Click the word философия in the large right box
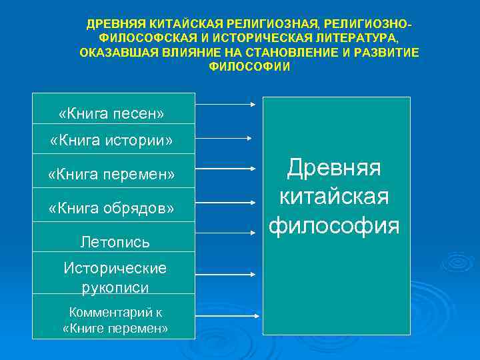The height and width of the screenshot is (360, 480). (x=334, y=225)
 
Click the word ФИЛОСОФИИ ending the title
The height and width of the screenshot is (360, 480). (x=250, y=67)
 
